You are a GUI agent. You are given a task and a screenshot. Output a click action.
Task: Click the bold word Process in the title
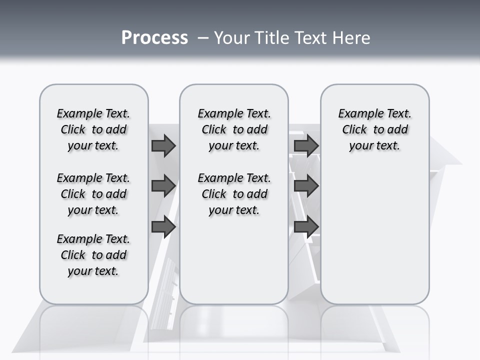154,38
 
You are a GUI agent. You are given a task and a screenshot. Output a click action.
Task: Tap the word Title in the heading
273,38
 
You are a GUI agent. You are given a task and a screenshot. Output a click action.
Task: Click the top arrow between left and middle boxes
163,145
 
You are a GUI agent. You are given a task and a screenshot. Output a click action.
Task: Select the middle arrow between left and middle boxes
163,186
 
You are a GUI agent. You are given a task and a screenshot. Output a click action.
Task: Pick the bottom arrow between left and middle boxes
163,226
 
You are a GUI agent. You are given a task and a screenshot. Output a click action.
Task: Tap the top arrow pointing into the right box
306,145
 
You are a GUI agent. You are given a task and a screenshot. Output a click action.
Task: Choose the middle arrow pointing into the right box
306,186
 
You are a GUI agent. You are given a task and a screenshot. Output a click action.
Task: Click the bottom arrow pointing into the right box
306,226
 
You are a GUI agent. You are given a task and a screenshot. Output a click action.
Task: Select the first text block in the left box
93,129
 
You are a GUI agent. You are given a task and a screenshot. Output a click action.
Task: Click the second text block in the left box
93,194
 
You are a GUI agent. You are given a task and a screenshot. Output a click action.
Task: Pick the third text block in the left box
93,255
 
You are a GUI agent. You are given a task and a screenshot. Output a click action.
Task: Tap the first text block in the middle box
234,129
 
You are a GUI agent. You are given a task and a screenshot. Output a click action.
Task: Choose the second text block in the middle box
234,194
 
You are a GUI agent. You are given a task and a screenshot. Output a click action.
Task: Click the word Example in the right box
356,113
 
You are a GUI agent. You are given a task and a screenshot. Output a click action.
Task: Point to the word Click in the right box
354,129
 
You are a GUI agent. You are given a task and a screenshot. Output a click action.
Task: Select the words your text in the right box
374,145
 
